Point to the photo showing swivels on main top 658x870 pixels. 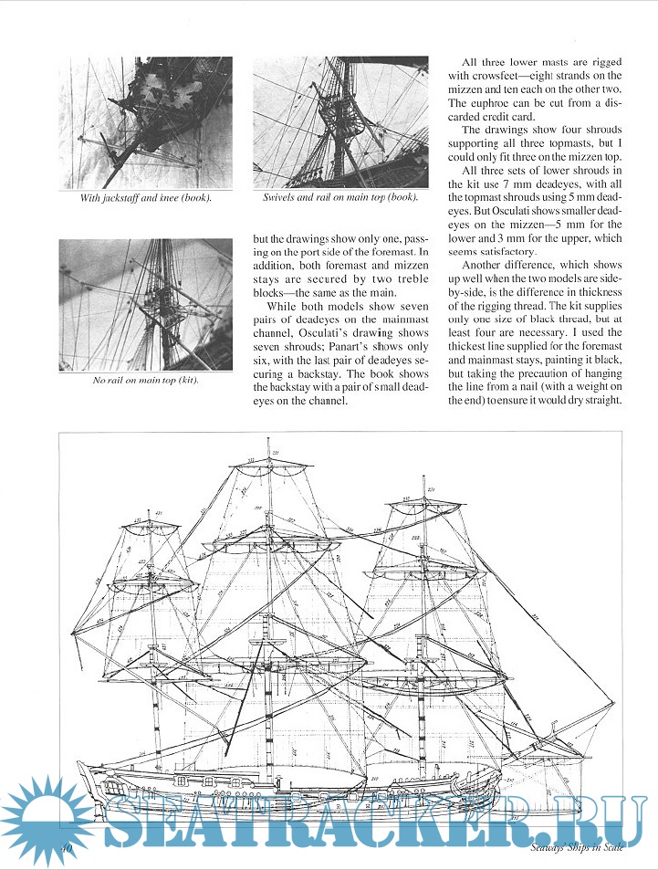[339, 121]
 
